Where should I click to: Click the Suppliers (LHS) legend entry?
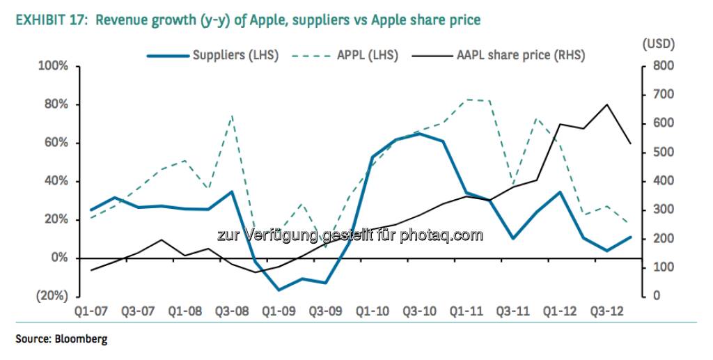click(235, 56)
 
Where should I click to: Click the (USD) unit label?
click(658, 43)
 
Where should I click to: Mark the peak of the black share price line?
click(607, 104)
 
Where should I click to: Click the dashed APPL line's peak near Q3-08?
click(232, 116)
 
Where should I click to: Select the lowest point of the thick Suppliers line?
click(279, 290)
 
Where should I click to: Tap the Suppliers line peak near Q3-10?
click(419, 134)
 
